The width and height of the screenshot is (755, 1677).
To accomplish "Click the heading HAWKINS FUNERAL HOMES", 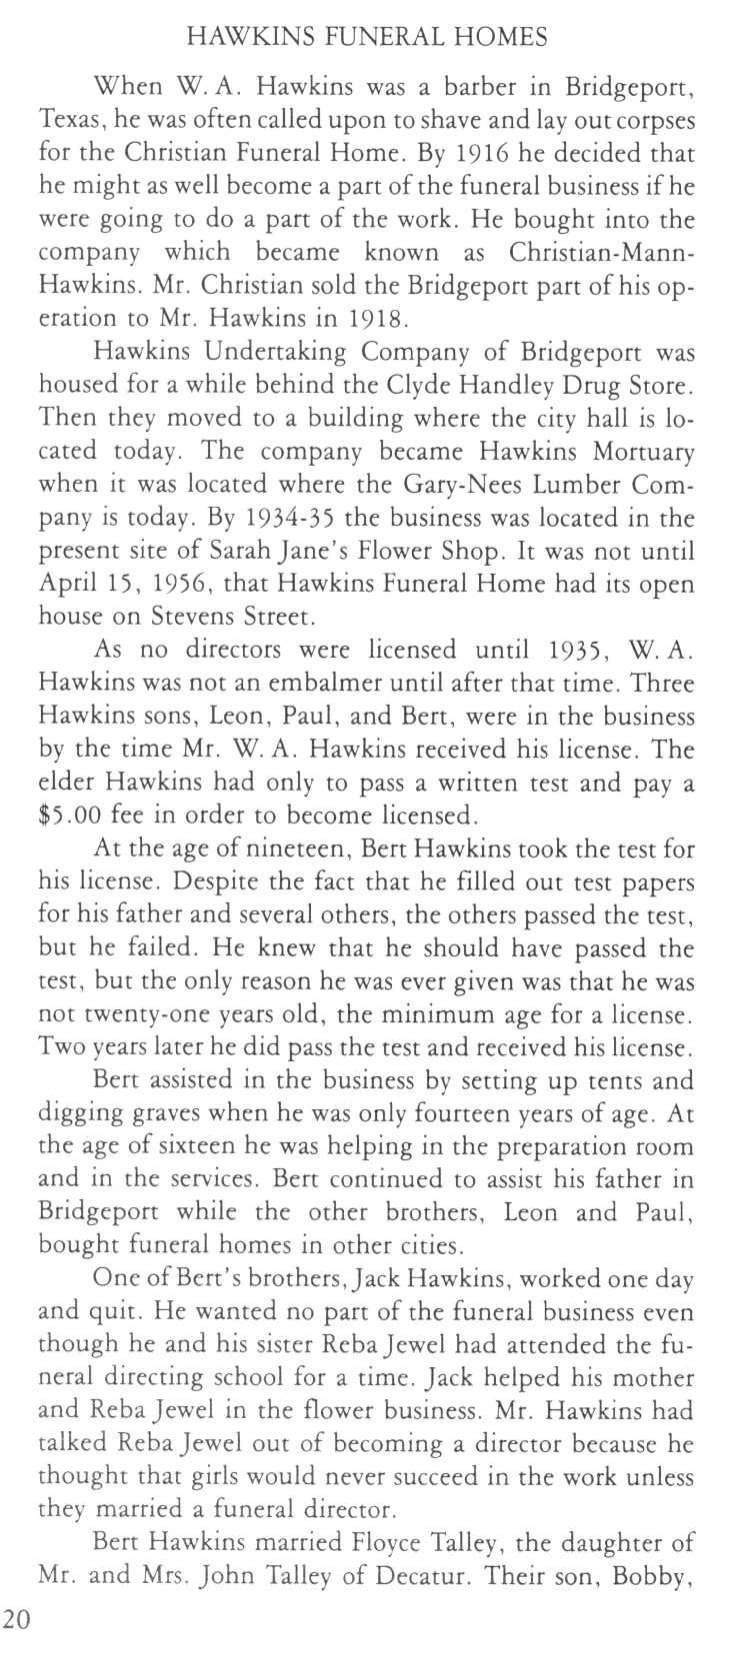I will [x=367, y=38].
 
